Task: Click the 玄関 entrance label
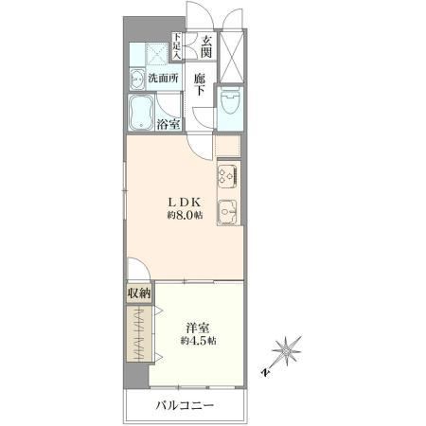coord(206,46)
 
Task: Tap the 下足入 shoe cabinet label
coord(177,46)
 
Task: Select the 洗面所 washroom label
coord(163,78)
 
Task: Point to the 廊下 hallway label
coord(200,84)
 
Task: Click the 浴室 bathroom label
coord(169,125)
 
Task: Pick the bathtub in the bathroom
coord(141,112)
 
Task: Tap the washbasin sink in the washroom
coord(137,80)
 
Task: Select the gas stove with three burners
coord(228,175)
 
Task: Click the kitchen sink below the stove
coord(229,212)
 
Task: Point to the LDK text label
coord(185,202)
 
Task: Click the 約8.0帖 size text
coord(185,216)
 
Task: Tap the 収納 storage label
coord(139,293)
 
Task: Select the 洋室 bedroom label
coord(198,328)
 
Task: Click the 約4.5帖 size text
coord(198,341)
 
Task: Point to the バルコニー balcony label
coord(186,405)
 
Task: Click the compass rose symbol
coord(286,351)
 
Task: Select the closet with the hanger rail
coord(138,334)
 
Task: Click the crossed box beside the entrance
coord(232,57)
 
